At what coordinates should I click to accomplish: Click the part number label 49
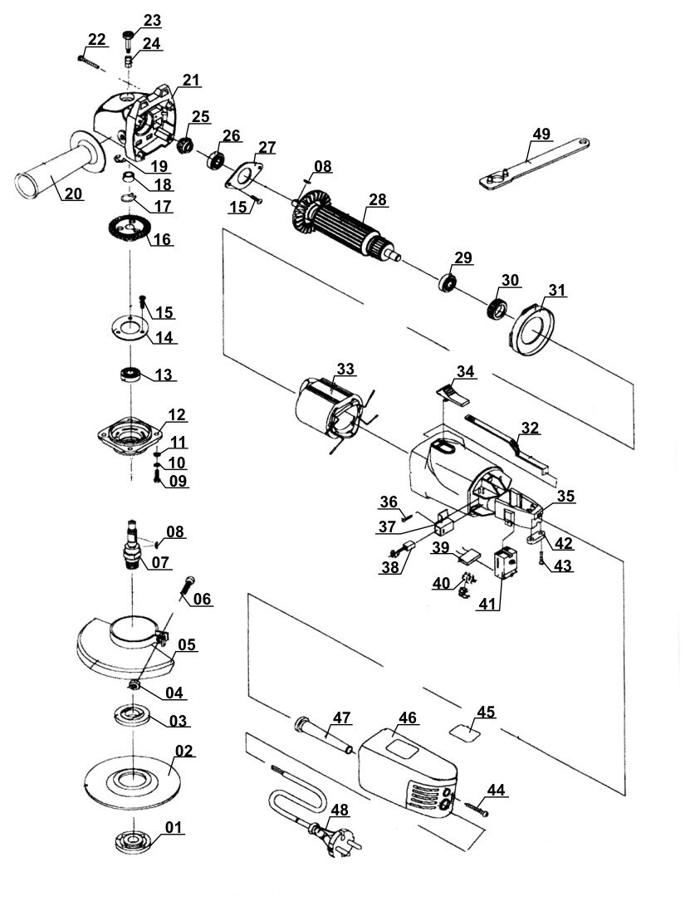pyautogui.click(x=541, y=134)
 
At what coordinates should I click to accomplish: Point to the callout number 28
pyautogui.click(x=378, y=200)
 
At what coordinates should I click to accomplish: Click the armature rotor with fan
pyautogui.click(x=345, y=226)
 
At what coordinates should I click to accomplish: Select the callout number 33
pyautogui.click(x=345, y=369)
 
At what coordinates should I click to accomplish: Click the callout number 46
pyautogui.click(x=407, y=717)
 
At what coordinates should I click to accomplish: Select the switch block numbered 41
pyautogui.click(x=506, y=562)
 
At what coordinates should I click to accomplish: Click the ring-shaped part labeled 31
pyautogui.click(x=532, y=328)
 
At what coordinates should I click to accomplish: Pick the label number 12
pyautogui.click(x=176, y=414)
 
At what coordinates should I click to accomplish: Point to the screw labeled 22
pyautogui.click(x=89, y=61)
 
